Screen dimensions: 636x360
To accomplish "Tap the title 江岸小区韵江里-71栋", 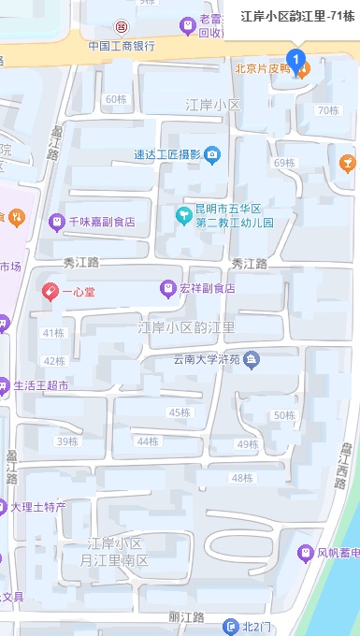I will [x=297, y=16].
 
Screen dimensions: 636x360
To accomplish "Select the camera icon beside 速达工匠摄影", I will [x=212, y=154].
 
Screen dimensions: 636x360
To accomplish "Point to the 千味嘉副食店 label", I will [x=102, y=222].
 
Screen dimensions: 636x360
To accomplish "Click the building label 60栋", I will [x=116, y=99].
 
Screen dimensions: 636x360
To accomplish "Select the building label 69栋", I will [x=284, y=163].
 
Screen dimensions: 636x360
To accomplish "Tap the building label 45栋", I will [x=179, y=412].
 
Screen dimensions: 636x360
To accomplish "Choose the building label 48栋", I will [x=241, y=478].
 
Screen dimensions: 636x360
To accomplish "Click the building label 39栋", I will [x=67, y=441].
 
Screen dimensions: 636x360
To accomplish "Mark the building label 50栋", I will [x=284, y=415].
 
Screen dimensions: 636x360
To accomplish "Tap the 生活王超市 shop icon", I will [x=4, y=384].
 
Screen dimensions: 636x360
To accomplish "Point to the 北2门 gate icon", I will [x=231, y=626].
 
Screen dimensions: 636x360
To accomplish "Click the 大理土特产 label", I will [x=38, y=507].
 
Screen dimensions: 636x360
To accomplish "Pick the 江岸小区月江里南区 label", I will [x=117, y=552].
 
